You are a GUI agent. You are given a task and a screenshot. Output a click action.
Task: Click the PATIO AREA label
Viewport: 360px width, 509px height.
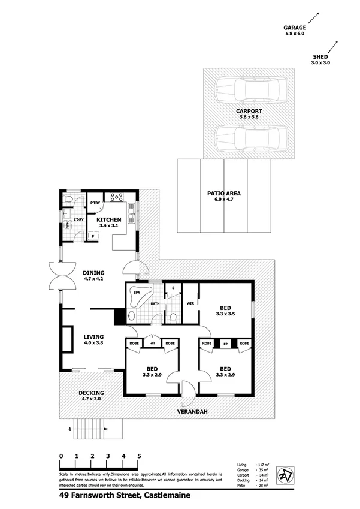coord(224,194)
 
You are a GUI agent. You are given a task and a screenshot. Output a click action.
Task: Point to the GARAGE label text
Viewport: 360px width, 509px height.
coord(295,28)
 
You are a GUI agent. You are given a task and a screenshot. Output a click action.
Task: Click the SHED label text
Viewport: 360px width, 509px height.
coord(320,57)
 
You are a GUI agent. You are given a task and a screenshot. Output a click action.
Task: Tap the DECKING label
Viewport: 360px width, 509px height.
coord(92,394)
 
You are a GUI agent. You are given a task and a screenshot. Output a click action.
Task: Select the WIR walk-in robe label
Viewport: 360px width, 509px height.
coord(190,303)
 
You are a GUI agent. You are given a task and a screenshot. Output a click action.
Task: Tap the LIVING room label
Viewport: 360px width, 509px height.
coord(94,337)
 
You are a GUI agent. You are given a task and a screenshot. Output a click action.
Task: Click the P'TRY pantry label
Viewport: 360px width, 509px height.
coord(94,203)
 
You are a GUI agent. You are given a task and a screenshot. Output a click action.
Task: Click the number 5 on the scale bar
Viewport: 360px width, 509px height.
coord(139,456)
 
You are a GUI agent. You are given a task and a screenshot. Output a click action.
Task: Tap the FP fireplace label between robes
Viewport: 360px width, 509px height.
coord(226,344)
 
